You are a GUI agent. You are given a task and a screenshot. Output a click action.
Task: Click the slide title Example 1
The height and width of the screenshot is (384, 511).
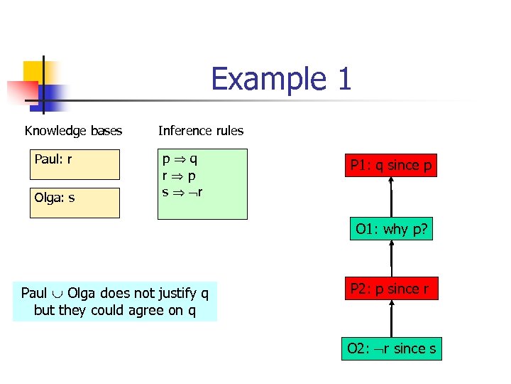tap(281, 79)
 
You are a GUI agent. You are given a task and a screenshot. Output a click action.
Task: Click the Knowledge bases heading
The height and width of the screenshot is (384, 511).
tap(73, 131)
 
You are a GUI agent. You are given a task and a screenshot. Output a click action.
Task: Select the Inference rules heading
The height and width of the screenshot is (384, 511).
tap(200, 131)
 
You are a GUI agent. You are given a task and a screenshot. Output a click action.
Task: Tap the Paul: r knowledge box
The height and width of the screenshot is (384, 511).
tap(75, 164)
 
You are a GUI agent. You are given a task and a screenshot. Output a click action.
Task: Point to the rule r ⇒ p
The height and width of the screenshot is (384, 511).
tap(180, 176)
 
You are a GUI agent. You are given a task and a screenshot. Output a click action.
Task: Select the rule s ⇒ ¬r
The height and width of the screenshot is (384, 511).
tap(183, 191)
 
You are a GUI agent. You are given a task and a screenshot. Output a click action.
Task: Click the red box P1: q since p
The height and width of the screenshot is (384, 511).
tap(390, 165)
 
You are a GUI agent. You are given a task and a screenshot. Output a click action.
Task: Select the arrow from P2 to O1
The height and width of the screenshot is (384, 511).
tap(391, 257)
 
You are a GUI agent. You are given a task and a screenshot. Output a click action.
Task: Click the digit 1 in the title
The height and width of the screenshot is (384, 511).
tap(344, 79)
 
